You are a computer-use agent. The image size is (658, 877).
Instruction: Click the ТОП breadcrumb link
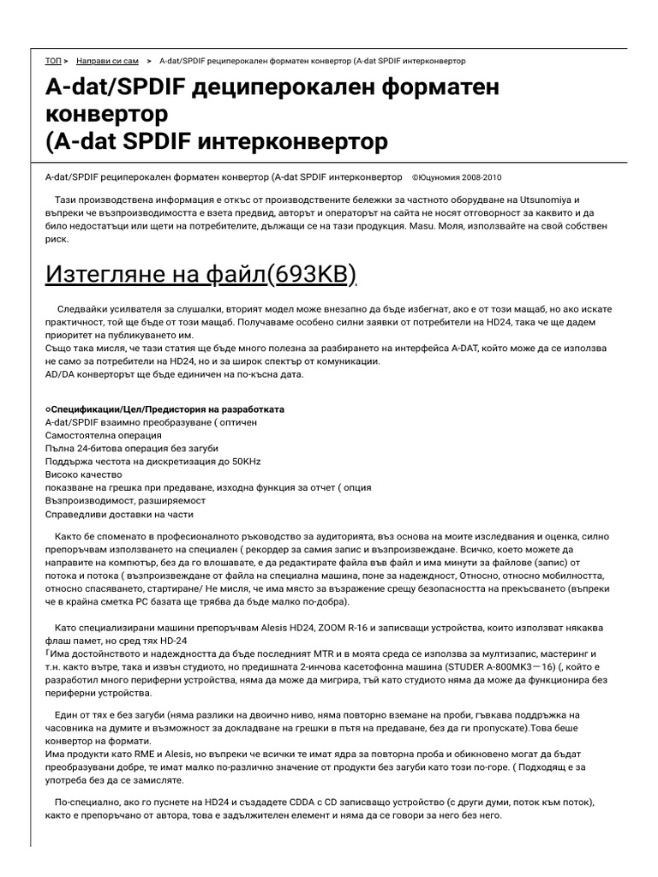click(x=53, y=62)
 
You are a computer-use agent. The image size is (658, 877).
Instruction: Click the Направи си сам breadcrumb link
click(x=107, y=62)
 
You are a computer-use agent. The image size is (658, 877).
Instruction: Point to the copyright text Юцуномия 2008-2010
click(x=461, y=177)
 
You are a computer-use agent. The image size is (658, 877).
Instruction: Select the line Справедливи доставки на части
click(x=119, y=514)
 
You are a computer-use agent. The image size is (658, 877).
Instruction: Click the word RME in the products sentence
click(x=131, y=753)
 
